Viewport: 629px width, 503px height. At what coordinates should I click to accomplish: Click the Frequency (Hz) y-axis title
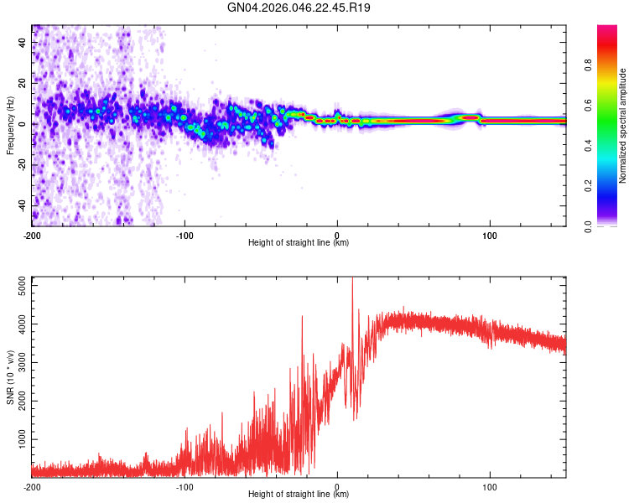click(10, 125)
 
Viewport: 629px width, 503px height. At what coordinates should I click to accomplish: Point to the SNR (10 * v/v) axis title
click(10, 377)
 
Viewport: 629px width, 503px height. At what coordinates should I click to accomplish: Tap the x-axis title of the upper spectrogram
click(299, 243)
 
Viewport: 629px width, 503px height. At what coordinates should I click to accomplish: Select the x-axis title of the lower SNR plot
click(299, 495)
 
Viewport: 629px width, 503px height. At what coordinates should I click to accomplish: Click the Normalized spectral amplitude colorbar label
click(622, 126)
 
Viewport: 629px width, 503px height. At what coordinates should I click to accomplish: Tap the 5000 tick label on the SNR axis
click(18, 286)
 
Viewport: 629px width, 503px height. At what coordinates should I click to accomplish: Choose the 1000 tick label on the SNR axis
click(18, 439)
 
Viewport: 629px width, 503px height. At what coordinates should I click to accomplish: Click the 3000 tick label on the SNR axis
click(18, 363)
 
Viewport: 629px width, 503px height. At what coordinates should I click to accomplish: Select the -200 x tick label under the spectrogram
click(32, 235)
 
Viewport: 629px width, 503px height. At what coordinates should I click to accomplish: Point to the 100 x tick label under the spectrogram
click(490, 235)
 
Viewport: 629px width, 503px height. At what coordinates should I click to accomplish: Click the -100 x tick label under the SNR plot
click(185, 486)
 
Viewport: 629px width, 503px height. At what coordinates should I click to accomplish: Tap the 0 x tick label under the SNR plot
click(337, 486)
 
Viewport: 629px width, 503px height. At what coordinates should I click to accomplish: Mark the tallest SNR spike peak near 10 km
click(352, 278)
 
